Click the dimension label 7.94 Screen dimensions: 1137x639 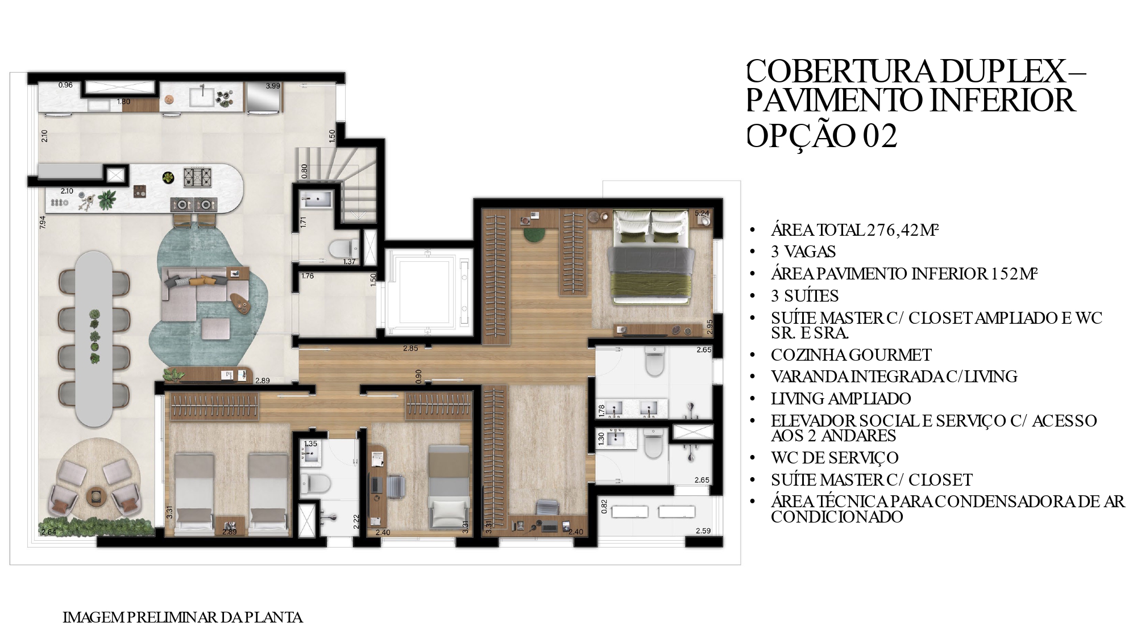pyautogui.click(x=42, y=222)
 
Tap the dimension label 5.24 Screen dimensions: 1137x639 pyautogui.click(x=702, y=214)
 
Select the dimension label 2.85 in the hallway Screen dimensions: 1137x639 pyautogui.click(x=410, y=348)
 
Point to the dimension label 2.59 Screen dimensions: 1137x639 pyautogui.click(x=703, y=531)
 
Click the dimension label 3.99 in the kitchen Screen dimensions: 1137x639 pyautogui.click(x=273, y=86)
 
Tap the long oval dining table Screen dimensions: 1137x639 pyautogui.click(x=94, y=339)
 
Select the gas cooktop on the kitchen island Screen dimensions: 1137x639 pyautogui.click(x=197, y=177)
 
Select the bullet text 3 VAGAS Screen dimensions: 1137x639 pyautogui.click(x=803, y=252)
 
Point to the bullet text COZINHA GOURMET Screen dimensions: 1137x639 pyautogui.click(x=851, y=355)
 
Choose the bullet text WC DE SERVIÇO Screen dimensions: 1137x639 pyautogui.click(x=835, y=458)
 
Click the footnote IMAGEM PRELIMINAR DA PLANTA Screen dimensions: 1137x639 pyautogui.click(x=182, y=617)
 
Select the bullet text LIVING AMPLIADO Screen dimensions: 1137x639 pyautogui.click(x=841, y=399)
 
